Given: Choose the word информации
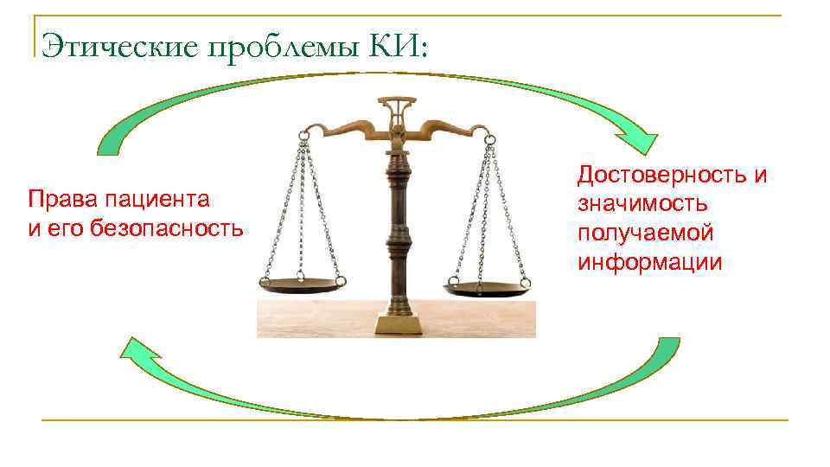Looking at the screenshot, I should coord(649,261).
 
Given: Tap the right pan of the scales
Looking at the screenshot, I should coord(487,287).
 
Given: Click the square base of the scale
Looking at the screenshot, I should coord(399,323).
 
